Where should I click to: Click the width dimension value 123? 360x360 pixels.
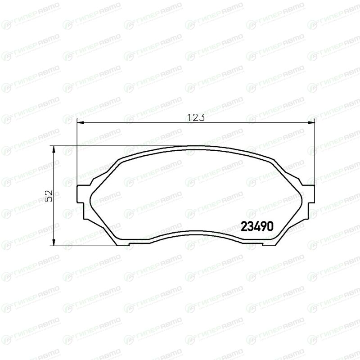196,117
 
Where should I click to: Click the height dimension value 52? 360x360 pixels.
49,196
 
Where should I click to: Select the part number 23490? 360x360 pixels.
257,227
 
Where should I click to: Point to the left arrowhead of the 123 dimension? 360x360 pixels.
80,123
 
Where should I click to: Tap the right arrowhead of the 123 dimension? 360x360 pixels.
311,123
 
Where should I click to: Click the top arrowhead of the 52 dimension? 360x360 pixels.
54,150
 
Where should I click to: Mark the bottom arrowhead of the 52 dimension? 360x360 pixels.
54,242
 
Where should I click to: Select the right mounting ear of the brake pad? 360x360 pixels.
311,194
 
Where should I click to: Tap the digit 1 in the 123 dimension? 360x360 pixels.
189,117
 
